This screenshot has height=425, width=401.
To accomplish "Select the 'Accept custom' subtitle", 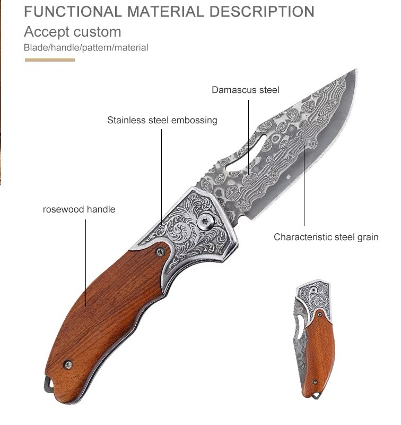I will pyautogui.click(x=72, y=31).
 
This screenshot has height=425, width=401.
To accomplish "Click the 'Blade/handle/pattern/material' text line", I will pyautogui.click(x=86, y=48).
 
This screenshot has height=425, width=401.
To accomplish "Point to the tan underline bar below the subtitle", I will pyautogui.click(x=50, y=60).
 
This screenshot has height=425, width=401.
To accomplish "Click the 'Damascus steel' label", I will pyautogui.click(x=245, y=90).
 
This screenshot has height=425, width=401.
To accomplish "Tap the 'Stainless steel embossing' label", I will pyautogui.click(x=162, y=120).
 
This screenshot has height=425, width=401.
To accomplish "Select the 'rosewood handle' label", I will pyautogui.click(x=79, y=209).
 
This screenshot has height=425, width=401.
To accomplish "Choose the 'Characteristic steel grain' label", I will pyautogui.click(x=326, y=237).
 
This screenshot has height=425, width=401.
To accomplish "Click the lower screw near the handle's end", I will pyautogui.click(x=68, y=364).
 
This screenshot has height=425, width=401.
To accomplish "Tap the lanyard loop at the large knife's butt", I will pyautogui.click(x=50, y=384).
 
